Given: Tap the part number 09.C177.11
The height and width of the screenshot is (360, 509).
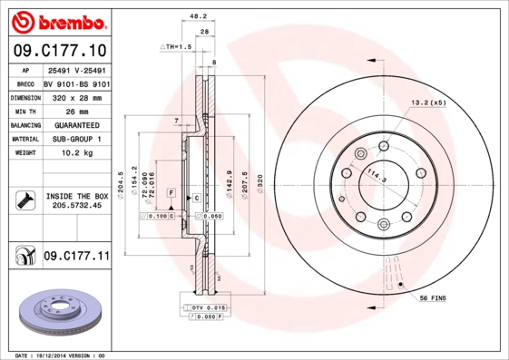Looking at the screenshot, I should click(76, 257).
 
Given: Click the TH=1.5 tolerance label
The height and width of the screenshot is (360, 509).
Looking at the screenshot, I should click(179, 45).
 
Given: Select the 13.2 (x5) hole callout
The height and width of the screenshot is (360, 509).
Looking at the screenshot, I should click(429, 102).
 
